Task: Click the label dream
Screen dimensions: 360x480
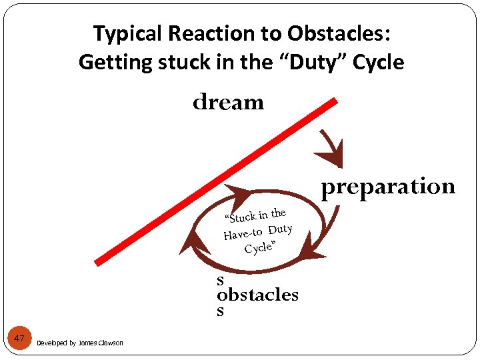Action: pos(228,103)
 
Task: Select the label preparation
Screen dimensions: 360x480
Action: pos(388,187)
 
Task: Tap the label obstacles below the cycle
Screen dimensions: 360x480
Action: pos(257,295)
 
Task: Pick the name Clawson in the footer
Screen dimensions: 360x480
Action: pos(110,343)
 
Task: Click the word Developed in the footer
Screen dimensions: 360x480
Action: pos(51,343)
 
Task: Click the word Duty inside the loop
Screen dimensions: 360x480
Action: pos(281,229)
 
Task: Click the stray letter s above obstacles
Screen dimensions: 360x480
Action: pos(221,281)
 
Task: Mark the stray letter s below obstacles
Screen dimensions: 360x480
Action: pos(221,311)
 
